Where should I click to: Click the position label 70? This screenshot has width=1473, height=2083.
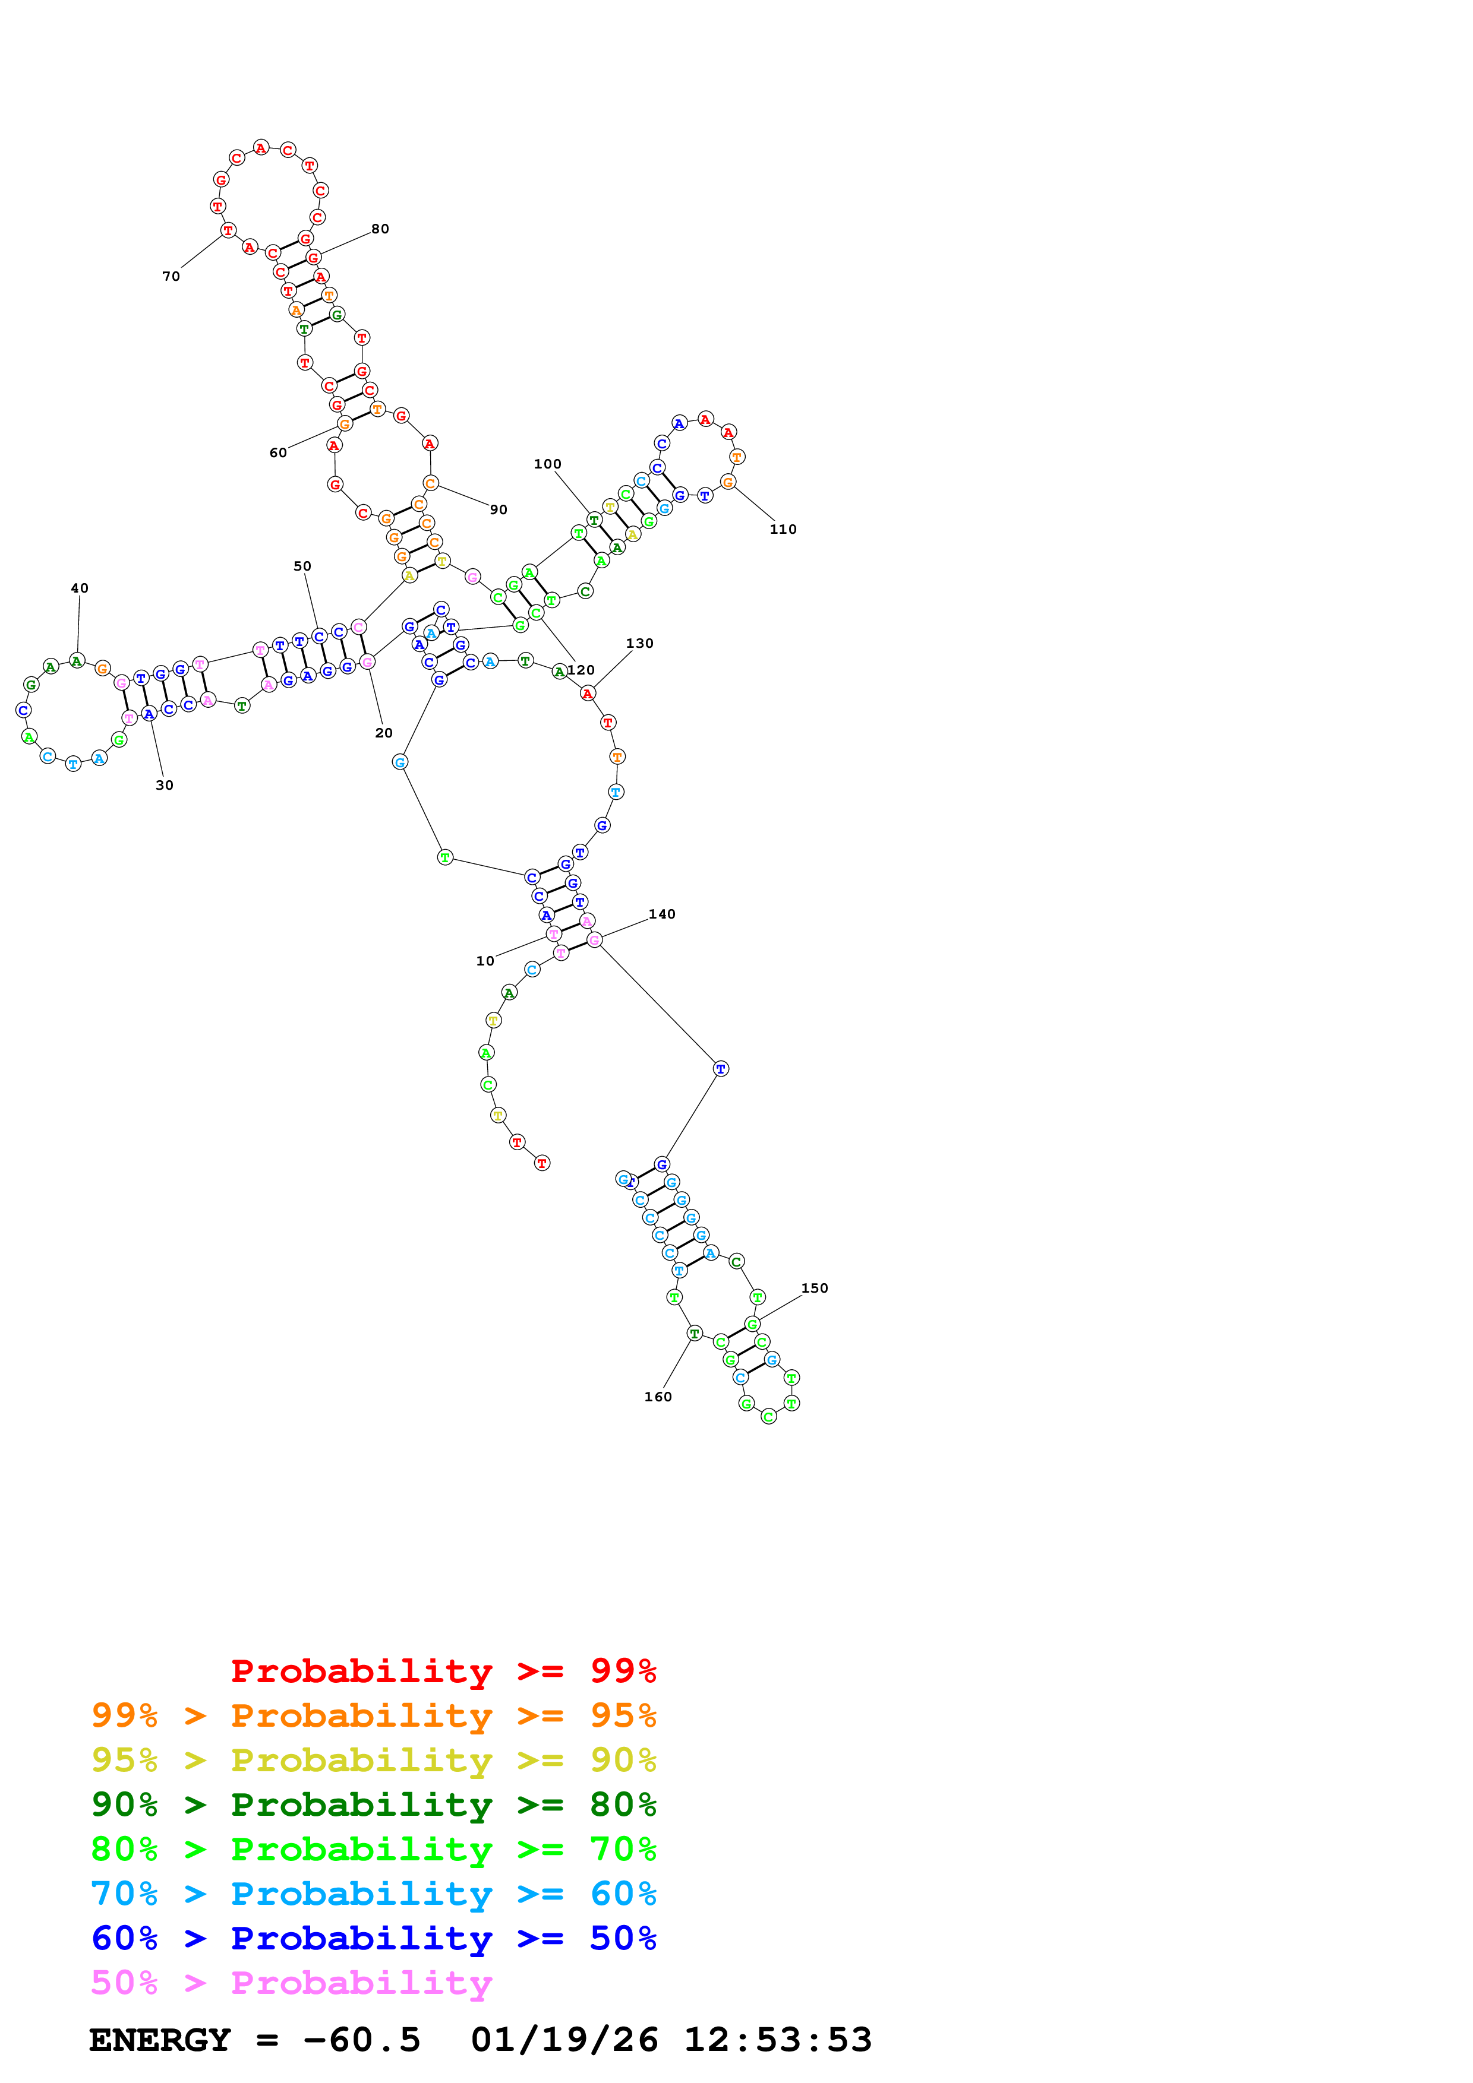click(171, 277)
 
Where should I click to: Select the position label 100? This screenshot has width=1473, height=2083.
click(547, 464)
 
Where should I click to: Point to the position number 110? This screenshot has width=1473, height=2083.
click(783, 529)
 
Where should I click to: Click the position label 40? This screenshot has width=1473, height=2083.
click(80, 588)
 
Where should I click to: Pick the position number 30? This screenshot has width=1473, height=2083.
click(164, 785)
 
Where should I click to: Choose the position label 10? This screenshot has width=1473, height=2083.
click(485, 961)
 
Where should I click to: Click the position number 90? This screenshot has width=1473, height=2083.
click(499, 510)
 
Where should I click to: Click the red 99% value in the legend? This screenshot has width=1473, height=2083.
click(623, 1670)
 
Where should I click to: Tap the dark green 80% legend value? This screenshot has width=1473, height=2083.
click(623, 1805)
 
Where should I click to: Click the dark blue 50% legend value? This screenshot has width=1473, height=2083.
click(623, 1938)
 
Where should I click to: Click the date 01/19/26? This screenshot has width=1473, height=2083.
click(564, 2040)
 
